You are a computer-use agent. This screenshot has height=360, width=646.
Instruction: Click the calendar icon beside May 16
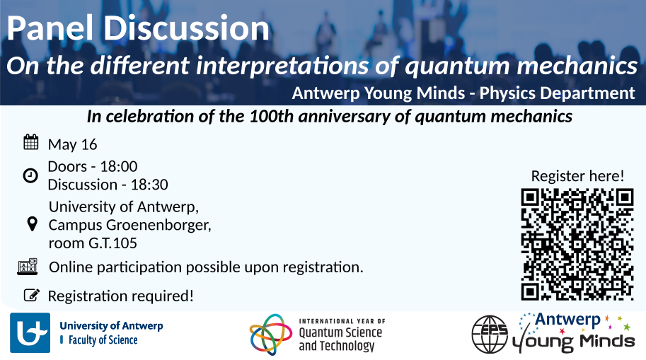31,142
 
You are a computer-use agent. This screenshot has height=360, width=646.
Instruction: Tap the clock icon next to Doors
30,175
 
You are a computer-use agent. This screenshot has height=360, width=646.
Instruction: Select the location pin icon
32,224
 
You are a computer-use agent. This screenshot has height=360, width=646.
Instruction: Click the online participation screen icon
28,267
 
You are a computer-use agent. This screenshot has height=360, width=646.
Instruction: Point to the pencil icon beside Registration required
32,295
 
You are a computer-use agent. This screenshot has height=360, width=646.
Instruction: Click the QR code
577,244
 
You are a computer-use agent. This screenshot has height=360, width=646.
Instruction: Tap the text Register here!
577,176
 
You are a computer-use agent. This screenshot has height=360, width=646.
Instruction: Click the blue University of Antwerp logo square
30,333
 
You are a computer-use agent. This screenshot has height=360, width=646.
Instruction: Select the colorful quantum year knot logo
271,334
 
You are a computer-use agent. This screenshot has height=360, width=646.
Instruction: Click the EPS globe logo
490,335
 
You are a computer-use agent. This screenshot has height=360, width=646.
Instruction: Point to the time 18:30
149,185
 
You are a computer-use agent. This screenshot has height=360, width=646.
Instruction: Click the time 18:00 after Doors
119,166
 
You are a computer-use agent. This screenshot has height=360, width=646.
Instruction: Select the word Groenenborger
158,225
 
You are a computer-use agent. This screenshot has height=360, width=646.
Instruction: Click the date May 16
72,144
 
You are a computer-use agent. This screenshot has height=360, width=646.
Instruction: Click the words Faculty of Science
103,340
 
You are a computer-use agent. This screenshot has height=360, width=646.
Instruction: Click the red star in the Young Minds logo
563,331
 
